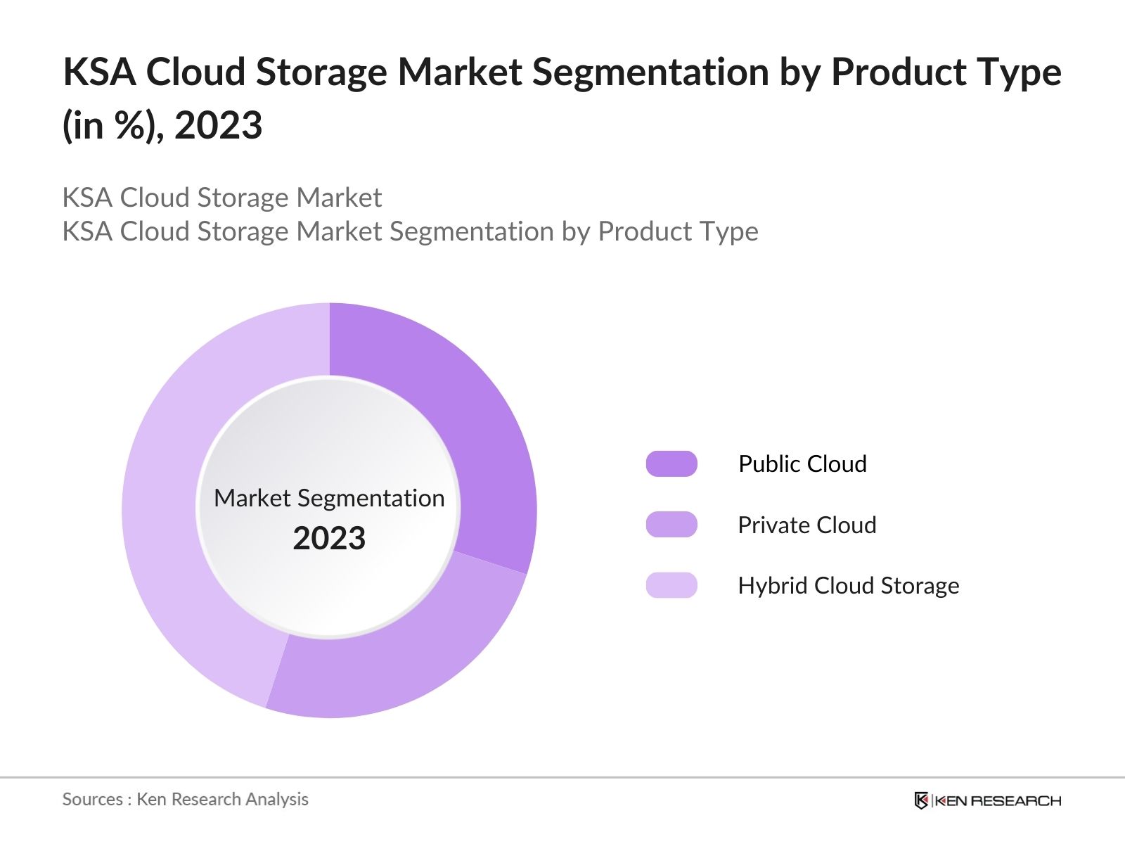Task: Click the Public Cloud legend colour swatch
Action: point(671,464)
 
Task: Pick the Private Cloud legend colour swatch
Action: point(671,525)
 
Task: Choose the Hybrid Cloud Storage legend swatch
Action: point(671,585)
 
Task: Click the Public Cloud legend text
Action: point(802,464)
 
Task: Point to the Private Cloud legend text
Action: point(807,525)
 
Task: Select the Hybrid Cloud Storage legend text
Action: point(848,585)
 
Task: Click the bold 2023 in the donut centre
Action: point(329,539)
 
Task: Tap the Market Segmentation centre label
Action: point(329,498)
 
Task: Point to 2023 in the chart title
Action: point(219,126)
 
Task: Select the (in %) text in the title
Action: point(112,126)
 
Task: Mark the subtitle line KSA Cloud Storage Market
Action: point(222,198)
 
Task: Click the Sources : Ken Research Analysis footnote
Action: point(185,799)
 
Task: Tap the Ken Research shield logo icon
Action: point(921,800)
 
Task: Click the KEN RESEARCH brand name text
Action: point(997,800)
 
